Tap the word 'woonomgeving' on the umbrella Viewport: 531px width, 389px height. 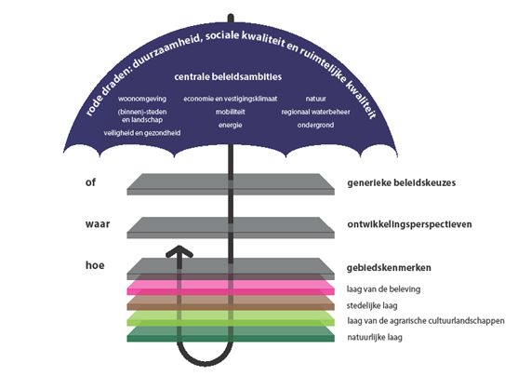[142, 98]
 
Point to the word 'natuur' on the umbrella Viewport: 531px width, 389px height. [316, 98]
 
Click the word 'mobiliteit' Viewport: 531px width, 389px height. [231, 111]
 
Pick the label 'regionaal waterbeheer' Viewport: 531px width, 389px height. [314, 111]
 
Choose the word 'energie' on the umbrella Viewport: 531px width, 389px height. [231, 124]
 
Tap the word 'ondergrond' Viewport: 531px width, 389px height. [315, 124]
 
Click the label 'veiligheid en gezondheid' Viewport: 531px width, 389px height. [142, 133]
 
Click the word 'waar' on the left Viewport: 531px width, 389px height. [96, 224]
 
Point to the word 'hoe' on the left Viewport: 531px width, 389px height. [93, 266]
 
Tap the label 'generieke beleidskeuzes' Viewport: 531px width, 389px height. [403, 183]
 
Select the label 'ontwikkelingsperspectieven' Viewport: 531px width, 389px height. [410, 225]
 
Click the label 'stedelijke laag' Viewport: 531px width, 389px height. [377, 304]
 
